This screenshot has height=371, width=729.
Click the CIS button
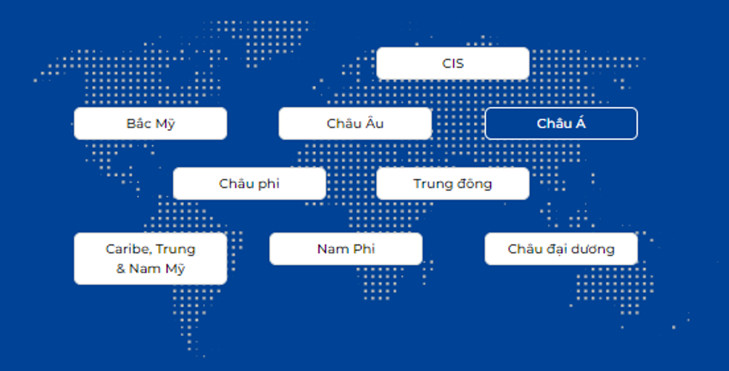coord(452,63)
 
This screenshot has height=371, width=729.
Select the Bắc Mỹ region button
coord(150,123)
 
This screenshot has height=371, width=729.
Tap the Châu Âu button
coord(355,123)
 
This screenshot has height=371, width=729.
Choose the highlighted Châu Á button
coord(561,123)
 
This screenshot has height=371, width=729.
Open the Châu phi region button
coord(249,184)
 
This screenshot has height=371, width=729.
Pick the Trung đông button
coord(452,184)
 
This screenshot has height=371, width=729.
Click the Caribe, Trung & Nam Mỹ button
coord(150,259)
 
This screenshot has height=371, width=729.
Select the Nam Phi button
coord(346,249)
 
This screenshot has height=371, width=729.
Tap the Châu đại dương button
coord(561,249)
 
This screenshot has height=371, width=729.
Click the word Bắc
coord(138,123)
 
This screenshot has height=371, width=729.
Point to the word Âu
coord(374,123)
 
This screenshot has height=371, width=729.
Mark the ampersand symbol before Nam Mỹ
coord(121,269)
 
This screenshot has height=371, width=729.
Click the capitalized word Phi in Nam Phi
coord(364,249)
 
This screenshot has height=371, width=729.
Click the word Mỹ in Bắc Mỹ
coord(165,123)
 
